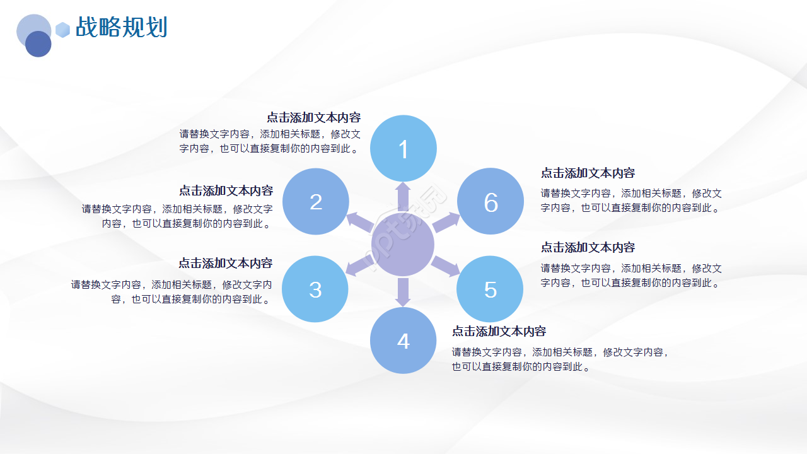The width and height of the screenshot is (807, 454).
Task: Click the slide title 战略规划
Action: tap(121, 28)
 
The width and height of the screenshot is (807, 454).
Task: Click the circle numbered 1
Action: tap(403, 148)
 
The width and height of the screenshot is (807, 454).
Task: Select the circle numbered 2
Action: tap(316, 201)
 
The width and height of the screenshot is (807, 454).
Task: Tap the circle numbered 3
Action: tap(315, 289)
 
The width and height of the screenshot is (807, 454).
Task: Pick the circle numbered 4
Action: tap(403, 340)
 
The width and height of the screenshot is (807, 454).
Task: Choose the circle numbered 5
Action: tap(490, 289)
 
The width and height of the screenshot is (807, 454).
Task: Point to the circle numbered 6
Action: tap(491, 202)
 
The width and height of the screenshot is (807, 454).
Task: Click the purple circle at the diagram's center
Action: tap(403, 245)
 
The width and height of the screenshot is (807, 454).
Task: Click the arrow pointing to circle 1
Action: tap(403, 196)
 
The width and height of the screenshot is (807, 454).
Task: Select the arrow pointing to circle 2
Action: tap(361, 221)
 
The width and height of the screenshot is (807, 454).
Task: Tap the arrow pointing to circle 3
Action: tap(359, 266)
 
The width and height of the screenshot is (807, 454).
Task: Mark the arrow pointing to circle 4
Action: tap(403, 292)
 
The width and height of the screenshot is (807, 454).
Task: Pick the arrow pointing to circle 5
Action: tap(446, 267)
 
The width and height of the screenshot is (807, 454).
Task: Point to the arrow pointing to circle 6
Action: tap(446, 222)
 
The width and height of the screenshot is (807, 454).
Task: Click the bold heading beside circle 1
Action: tap(313, 117)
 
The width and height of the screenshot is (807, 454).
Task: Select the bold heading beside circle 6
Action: tap(588, 173)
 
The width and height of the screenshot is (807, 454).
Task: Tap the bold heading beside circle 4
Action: tap(499, 331)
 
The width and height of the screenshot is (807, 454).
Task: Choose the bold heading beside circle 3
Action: tap(225, 263)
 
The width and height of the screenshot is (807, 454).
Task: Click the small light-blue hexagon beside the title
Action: tap(62, 30)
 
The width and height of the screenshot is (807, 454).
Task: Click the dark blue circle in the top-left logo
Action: tap(38, 44)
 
